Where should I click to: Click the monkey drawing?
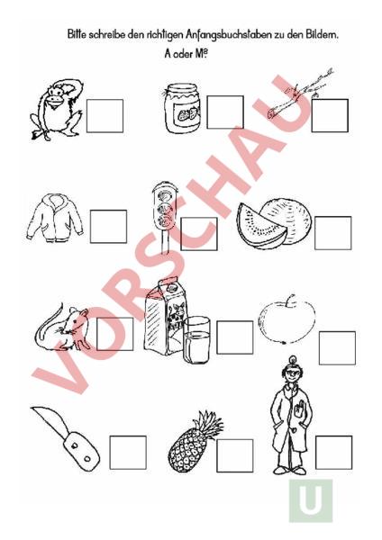coord(57,110)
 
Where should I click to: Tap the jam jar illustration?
coord(182,108)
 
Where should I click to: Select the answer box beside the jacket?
coord(108,227)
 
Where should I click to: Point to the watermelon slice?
coord(261,227)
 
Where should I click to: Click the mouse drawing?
coord(63,328)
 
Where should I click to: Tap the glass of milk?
coord(196,340)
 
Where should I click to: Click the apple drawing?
coord(287,319)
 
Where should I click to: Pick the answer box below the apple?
coord(337,347)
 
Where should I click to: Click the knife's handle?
coord(81,451)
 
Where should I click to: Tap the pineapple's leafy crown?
coord(208,425)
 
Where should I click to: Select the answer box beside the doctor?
coord(333,452)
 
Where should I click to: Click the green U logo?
coord(311,500)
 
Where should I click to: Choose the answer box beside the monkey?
coord(105,116)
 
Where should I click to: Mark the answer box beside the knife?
coord(128,452)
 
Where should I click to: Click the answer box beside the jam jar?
coord(225,112)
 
